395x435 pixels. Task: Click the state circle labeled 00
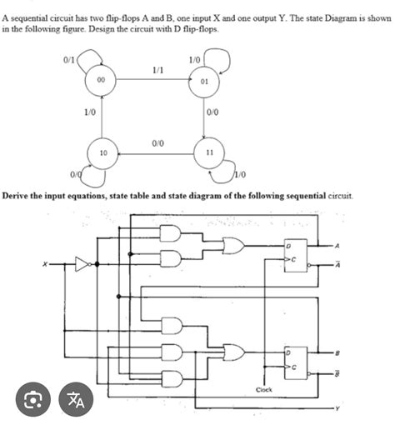[99, 82]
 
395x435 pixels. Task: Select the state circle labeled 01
[204, 82]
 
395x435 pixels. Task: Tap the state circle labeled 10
[102, 154]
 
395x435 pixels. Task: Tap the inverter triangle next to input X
[82, 265]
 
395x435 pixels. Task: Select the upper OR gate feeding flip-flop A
[233, 247]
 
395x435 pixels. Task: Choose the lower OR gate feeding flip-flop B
[233, 352]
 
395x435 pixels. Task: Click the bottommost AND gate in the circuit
[172, 377]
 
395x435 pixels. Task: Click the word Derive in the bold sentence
[17, 195]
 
